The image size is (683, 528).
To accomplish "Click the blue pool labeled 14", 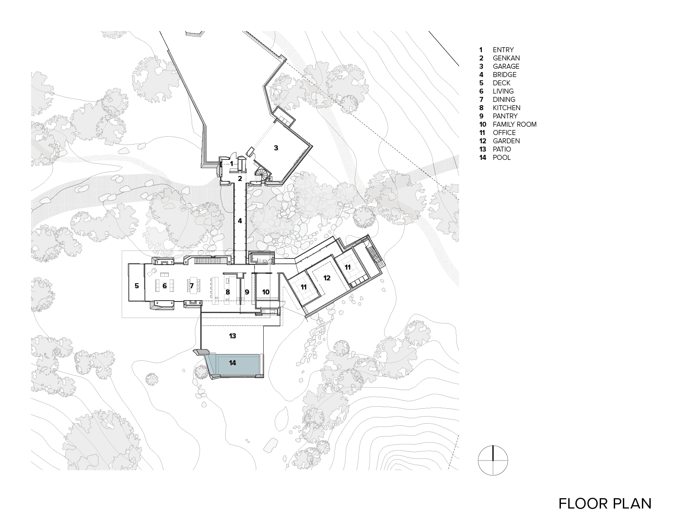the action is tap(233, 364).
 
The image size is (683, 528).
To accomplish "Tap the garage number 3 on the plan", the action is tap(276, 148).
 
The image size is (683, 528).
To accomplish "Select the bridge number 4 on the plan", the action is tap(240, 221).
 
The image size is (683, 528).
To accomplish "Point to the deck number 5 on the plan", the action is tap(137, 286).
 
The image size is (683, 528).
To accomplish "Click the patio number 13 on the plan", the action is tap(233, 336).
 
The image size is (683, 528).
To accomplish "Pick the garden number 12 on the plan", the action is tap(327, 278).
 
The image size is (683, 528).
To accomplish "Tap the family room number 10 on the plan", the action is tap(266, 292).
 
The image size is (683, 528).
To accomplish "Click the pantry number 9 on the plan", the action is tap(247, 292).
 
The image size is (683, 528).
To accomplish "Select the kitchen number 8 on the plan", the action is tap(228, 292).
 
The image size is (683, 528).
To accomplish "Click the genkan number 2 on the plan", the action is tap(240, 178).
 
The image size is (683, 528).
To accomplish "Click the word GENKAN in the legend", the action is tap(506, 58).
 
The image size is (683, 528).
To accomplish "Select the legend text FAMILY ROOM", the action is tap(515, 124).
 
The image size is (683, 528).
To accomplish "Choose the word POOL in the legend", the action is tap(502, 157).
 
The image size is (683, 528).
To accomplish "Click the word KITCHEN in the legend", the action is tap(506, 108).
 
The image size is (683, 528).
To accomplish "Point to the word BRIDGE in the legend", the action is tap(505, 75).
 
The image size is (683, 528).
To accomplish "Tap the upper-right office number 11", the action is tap(348, 267).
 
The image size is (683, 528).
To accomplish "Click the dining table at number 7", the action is tap(194, 285).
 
